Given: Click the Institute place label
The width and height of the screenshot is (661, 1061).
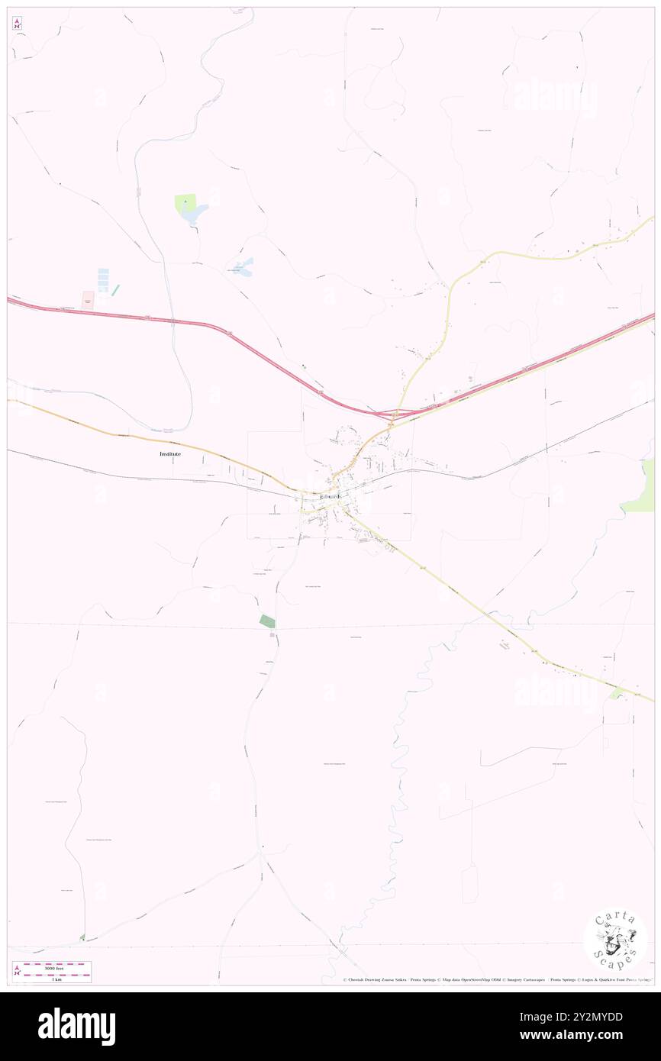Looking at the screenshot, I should pos(169,453).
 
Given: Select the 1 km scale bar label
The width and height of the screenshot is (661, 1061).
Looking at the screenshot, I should pos(54,979).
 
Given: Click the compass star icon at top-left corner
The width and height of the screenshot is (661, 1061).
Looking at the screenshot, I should pos(18,24).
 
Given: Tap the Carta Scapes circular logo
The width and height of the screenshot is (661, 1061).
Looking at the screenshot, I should pos(615,941).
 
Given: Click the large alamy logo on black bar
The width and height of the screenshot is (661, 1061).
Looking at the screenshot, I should pos(76,1027).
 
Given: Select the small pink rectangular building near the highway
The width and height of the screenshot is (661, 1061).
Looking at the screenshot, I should pos(88,300).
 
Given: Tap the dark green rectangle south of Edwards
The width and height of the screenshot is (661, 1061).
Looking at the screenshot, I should pos(267,621).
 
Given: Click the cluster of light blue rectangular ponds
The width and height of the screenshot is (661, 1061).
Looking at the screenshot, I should pos(102,279).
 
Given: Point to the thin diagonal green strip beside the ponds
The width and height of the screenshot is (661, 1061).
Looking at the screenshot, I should pos(116,290).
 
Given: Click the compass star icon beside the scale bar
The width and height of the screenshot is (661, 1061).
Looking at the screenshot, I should pos(17,972).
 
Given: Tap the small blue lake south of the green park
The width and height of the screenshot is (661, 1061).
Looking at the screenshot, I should pos(244,266).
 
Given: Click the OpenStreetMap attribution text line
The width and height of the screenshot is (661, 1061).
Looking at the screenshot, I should pos(496,980).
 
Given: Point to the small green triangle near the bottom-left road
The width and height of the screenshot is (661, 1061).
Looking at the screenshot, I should pos(82,937).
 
